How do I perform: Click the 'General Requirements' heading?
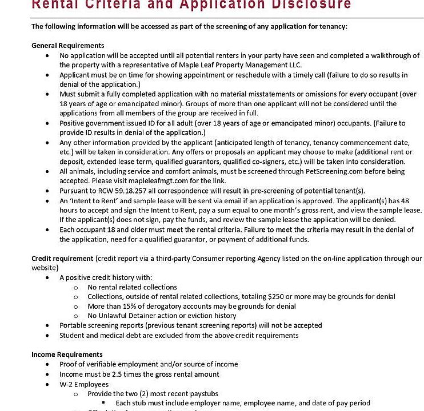coord(67,45)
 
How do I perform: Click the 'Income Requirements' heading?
coord(67,354)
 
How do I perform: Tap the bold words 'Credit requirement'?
coord(62,259)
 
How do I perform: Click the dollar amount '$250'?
coord(277,297)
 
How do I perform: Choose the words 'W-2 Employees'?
coord(84,384)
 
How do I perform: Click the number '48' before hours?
coord(415,200)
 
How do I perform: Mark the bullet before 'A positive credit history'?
coord(47,278)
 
